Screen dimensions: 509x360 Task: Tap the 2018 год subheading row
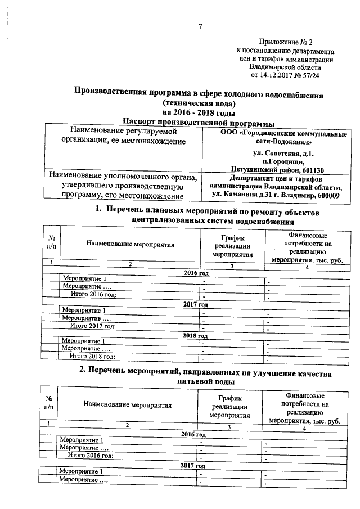point(196,336)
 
